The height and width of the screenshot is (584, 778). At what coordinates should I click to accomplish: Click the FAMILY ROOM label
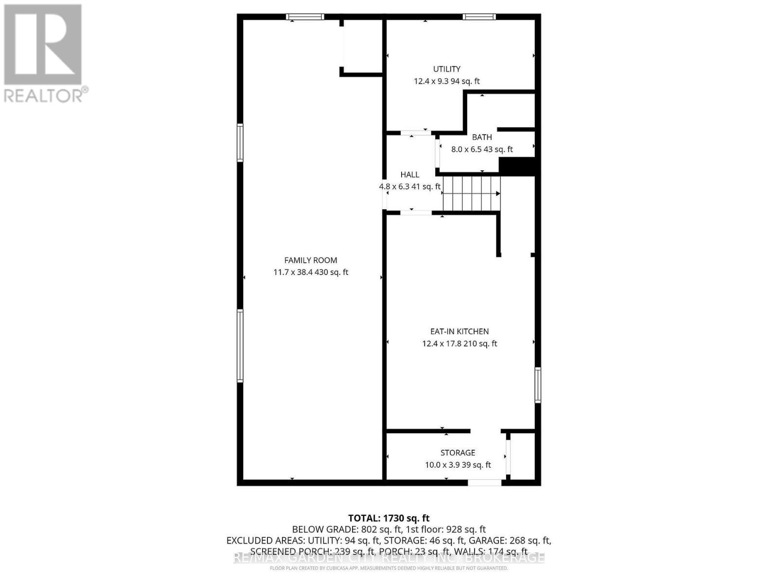311,260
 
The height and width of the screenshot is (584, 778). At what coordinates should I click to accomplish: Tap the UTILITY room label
447,69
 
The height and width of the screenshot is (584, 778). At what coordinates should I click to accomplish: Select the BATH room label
482,137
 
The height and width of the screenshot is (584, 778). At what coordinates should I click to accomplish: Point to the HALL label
410,175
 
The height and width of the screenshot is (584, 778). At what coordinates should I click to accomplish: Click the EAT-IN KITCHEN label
460,331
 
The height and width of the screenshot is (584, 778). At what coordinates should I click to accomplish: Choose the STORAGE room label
458,453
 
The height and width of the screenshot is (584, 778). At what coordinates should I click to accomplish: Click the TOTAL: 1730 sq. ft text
389,518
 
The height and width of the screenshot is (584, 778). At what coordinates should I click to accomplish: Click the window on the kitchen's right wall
538,385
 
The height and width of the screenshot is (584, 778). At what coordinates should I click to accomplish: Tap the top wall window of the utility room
479,17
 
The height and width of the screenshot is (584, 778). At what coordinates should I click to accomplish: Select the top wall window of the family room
305,17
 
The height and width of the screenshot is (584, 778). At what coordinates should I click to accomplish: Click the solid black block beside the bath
517,165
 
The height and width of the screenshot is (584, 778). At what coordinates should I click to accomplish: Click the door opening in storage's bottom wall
484,482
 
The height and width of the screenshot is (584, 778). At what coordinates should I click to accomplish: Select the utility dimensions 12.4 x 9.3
431,81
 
